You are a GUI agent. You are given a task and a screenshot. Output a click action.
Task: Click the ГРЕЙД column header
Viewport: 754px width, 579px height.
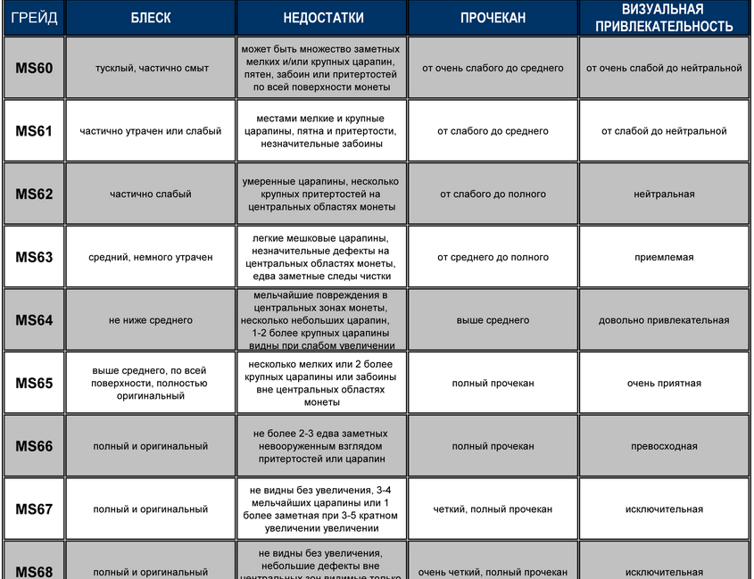pyautogui.click(x=33, y=18)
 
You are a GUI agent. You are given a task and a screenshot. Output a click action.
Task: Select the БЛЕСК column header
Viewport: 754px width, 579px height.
pyautogui.click(x=150, y=18)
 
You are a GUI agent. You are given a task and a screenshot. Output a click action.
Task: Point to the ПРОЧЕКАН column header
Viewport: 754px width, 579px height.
pyautogui.click(x=493, y=18)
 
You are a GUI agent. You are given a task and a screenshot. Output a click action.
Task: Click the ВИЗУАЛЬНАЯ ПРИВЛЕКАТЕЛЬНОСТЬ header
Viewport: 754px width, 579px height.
pyautogui.click(x=663, y=18)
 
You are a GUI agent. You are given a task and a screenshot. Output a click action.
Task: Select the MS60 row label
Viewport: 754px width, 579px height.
pyautogui.click(x=34, y=68)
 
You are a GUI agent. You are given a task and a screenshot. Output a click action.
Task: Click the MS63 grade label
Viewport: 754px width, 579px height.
pyautogui.click(x=34, y=257)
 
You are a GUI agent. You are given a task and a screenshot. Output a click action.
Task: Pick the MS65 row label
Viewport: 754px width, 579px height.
pyautogui.click(x=34, y=384)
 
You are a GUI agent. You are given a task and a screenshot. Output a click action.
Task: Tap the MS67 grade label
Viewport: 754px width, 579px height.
pyautogui.click(x=34, y=509)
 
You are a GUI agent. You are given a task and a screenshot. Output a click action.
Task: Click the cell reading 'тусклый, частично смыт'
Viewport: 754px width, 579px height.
pyautogui.click(x=150, y=68)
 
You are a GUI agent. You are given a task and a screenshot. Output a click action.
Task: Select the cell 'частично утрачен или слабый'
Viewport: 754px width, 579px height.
pyautogui.click(x=150, y=131)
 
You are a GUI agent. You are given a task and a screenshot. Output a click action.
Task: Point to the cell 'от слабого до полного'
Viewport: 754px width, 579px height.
pyautogui.click(x=493, y=194)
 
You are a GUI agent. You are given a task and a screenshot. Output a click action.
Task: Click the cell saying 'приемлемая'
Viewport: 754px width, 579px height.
pyautogui.click(x=663, y=257)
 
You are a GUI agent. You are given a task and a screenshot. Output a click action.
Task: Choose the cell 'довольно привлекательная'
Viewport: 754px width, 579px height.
pyautogui.click(x=663, y=320)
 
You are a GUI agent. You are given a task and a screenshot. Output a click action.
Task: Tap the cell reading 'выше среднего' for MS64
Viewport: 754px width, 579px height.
pyautogui.click(x=493, y=320)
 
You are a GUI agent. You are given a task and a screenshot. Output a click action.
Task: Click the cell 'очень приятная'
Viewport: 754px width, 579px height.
pyautogui.click(x=663, y=384)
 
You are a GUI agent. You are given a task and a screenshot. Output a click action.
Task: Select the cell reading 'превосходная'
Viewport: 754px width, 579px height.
pyautogui.click(x=663, y=446)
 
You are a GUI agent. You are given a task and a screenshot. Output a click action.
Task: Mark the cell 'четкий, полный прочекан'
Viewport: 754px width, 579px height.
pyautogui.click(x=493, y=509)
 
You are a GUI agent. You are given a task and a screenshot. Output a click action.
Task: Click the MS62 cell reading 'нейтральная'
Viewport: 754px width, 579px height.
pyautogui.click(x=663, y=194)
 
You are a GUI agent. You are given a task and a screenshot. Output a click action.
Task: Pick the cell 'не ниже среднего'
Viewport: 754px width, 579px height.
pyautogui.click(x=150, y=320)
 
